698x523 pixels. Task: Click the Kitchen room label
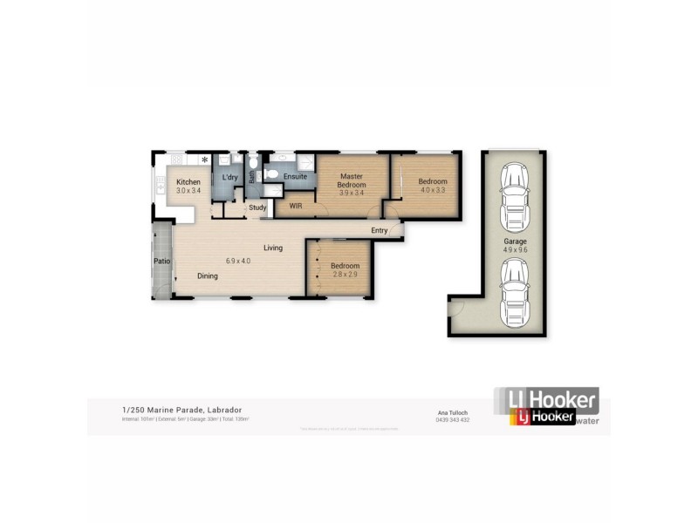[x=188, y=182]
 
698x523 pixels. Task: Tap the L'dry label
[x=229, y=177]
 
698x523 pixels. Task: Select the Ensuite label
[x=295, y=176]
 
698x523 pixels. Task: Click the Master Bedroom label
[x=351, y=180]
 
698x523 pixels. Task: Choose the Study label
[x=257, y=207]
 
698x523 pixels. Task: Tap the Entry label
[x=379, y=230]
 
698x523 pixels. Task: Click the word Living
[x=273, y=248]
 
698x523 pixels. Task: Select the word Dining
[x=207, y=276]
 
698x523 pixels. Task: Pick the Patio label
[x=161, y=261]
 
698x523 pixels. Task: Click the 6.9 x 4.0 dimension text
[x=238, y=261]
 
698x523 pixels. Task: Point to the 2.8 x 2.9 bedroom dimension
[x=345, y=275]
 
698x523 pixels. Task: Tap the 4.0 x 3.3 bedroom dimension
[x=433, y=190]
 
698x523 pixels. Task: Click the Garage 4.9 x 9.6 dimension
[x=515, y=249]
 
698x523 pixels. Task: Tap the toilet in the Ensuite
[x=272, y=175]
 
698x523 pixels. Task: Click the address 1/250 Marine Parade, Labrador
[x=181, y=410]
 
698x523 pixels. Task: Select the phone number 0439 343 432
[x=453, y=420]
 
